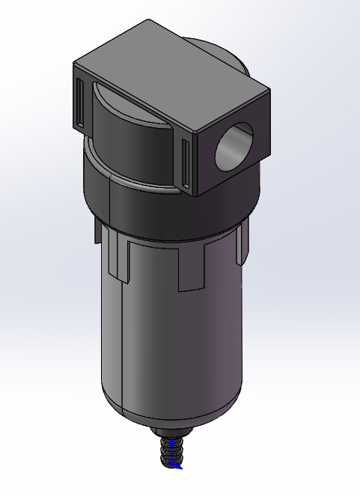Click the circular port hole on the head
pos(234,145)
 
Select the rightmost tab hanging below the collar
pos(241,243)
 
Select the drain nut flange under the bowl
pos(174,433)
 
